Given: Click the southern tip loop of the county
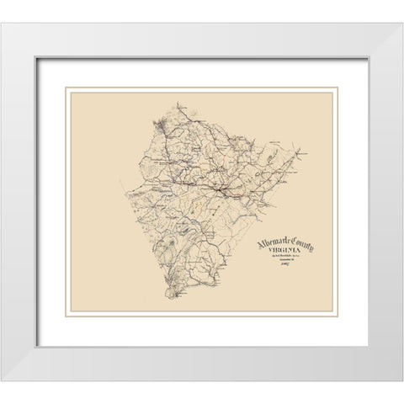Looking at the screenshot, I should (173, 295).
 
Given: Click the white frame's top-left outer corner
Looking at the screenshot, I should (3, 23).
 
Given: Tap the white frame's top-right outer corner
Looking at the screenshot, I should (401, 23).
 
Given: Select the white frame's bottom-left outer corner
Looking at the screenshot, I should (3, 380).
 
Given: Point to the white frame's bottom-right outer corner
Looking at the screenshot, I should (401, 380).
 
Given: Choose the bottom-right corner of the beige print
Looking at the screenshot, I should (334, 313).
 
